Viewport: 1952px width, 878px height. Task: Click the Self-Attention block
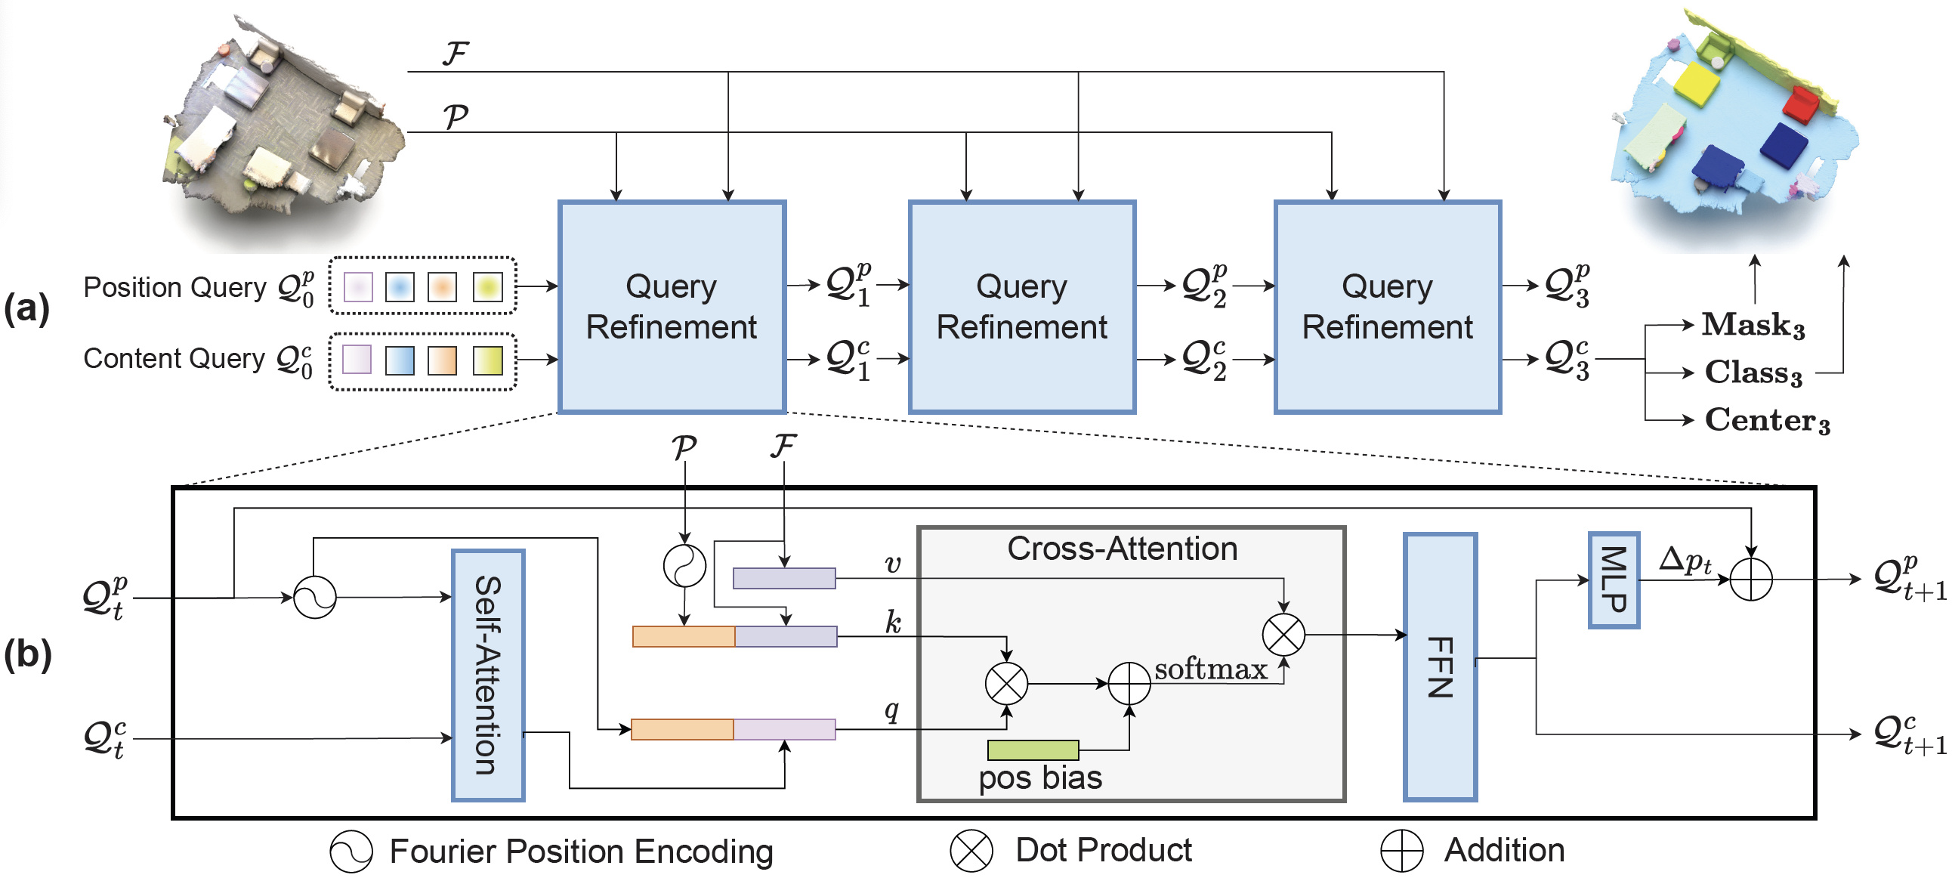click(488, 675)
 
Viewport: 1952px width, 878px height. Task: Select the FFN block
click(1440, 667)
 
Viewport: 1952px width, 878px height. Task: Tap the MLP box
click(1614, 580)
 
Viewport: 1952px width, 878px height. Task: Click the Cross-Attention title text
click(1123, 548)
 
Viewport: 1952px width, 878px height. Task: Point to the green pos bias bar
click(1033, 750)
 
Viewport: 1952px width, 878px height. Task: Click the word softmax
click(1210, 669)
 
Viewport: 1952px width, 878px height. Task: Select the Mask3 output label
click(1753, 325)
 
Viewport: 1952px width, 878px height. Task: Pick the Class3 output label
click(1753, 373)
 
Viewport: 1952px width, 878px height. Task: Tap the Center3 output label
click(1766, 420)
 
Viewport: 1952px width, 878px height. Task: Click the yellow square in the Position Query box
click(488, 286)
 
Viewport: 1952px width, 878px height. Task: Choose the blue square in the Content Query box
click(400, 360)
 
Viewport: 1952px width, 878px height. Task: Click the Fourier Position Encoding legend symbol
click(351, 851)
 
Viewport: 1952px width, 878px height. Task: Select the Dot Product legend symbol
click(971, 851)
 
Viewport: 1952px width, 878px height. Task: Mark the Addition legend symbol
click(1401, 851)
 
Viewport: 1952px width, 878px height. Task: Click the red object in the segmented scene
click(1800, 104)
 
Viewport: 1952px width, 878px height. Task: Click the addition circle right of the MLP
click(1751, 580)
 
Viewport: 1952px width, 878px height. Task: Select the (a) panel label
click(26, 308)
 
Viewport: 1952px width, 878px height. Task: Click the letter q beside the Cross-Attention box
click(892, 710)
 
